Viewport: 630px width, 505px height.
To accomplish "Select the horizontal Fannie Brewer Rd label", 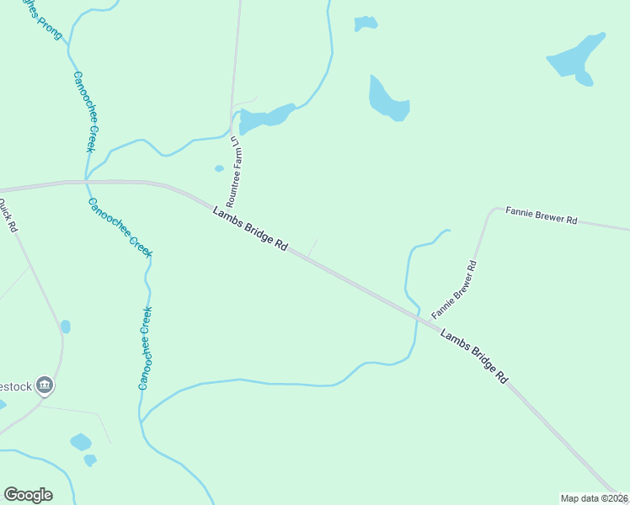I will click(x=541, y=215).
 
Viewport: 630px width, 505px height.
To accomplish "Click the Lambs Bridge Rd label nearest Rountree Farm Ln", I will click(x=251, y=229).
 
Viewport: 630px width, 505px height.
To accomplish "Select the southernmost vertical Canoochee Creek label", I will click(x=145, y=348).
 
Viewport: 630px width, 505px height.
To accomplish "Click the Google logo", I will click(x=28, y=495).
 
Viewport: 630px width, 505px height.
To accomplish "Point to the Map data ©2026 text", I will click(x=595, y=498).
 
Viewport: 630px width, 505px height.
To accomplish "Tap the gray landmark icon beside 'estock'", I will click(x=45, y=385).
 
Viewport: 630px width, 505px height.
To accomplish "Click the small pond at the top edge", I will click(x=365, y=23).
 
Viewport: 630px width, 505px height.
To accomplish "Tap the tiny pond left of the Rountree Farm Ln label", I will click(x=219, y=168).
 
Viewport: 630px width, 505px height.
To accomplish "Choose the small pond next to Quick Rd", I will click(x=66, y=327).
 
